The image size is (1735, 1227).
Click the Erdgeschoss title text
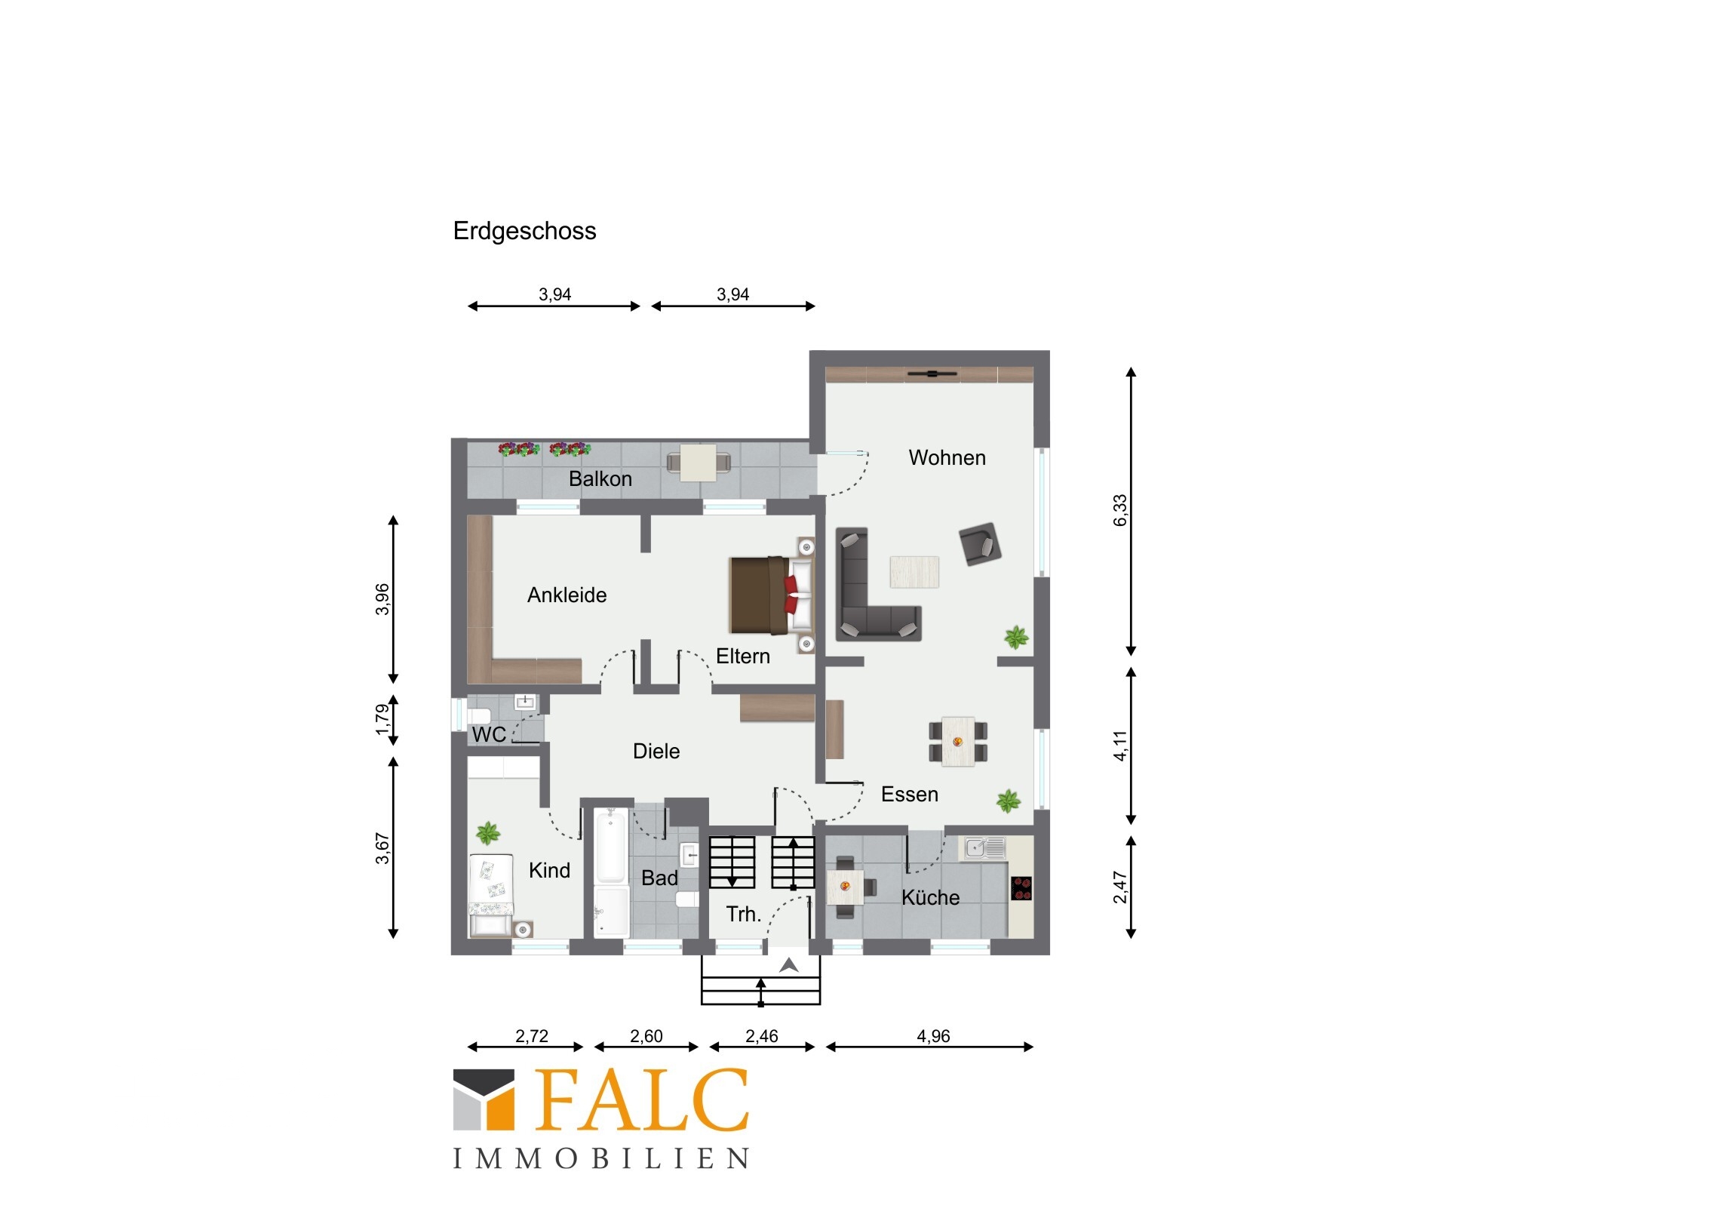tap(524, 232)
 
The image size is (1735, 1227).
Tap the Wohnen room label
tap(947, 457)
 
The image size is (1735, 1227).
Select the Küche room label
tap(930, 897)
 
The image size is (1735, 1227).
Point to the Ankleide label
tap(567, 595)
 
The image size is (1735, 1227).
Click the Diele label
tap(656, 751)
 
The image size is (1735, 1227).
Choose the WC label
tap(488, 734)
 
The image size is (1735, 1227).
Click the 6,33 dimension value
tap(1119, 510)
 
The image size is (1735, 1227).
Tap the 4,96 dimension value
tap(933, 1036)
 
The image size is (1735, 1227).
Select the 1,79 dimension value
tap(382, 720)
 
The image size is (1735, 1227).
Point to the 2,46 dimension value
tap(761, 1036)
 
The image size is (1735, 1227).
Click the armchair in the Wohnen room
tap(980, 543)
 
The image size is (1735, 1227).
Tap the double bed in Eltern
tap(771, 595)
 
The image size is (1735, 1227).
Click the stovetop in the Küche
tap(1021, 888)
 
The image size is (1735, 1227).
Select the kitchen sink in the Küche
tap(982, 848)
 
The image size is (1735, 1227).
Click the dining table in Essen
tap(957, 742)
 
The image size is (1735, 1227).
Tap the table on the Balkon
tap(699, 463)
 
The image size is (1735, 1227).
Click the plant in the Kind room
tap(488, 834)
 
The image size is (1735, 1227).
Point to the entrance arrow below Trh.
tap(789, 965)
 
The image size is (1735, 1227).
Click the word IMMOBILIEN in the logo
tap(601, 1158)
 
